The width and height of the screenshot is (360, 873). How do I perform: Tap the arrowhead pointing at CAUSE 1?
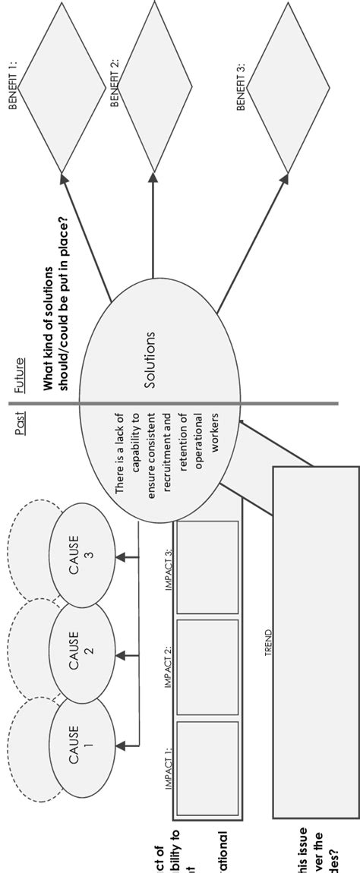(x=120, y=741)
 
